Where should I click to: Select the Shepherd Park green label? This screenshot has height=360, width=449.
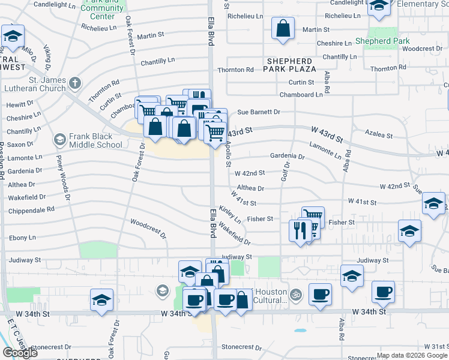381,41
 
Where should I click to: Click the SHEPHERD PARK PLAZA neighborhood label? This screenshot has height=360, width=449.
289,65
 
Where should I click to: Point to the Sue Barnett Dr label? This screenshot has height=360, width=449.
259,112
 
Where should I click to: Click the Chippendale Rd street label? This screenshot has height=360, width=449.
31,210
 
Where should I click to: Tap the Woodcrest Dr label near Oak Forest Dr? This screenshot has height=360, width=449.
148,229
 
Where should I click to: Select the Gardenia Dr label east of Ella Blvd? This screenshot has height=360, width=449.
287,157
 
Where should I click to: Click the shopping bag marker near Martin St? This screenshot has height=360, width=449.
283,28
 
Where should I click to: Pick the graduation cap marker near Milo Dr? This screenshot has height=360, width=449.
13,37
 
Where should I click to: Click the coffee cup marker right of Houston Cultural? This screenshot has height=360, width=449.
320,294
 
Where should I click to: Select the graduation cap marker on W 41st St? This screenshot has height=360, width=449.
433,203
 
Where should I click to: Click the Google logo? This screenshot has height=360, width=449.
20,353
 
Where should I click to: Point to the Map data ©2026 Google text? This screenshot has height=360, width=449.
412,355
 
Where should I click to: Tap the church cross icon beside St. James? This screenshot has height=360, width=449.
74,83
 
